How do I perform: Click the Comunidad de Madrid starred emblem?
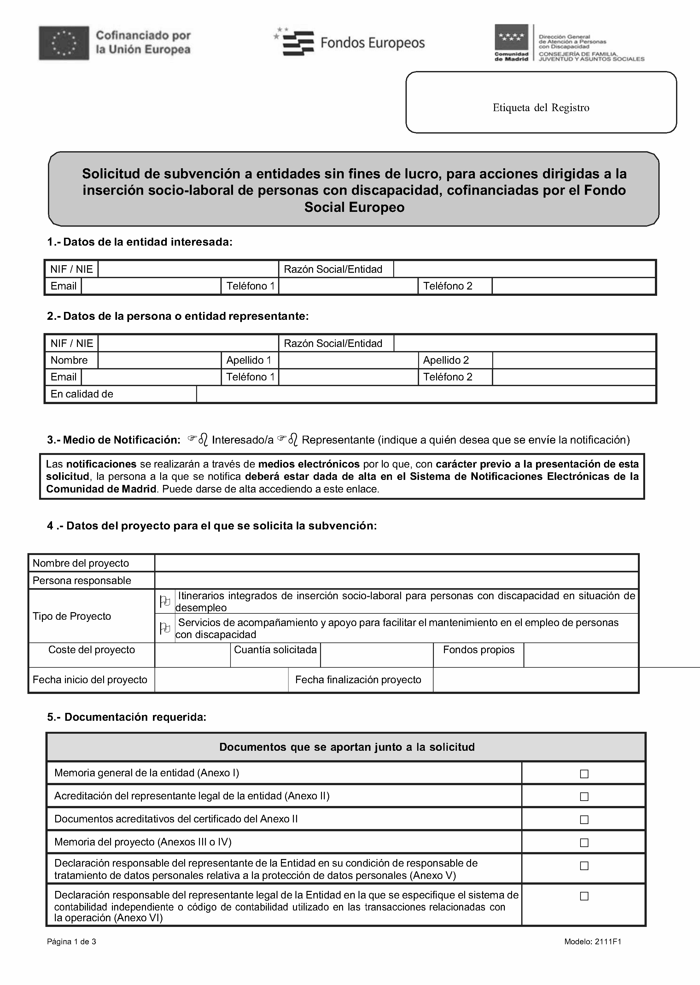point(511,38)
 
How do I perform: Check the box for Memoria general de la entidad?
point(584,773)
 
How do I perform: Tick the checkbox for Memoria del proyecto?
point(584,842)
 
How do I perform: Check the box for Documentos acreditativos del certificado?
point(584,819)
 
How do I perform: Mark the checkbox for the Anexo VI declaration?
point(584,896)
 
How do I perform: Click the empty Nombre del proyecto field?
point(396,563)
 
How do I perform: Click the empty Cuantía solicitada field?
point(377,655)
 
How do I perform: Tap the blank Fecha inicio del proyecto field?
point(221,680)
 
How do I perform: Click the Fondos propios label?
point(478,650)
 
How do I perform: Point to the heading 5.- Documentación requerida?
point(126,717)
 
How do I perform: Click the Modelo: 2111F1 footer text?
point(593,941)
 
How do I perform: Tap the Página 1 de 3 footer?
point(72,941)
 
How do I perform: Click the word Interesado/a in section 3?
point(243,440)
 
